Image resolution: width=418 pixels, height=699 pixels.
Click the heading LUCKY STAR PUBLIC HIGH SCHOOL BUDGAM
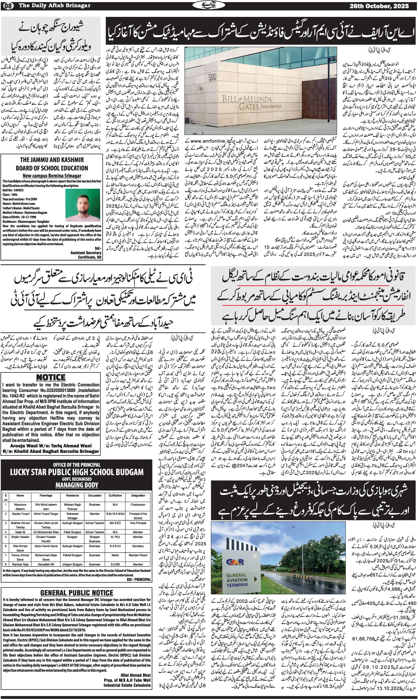pyautogui.click(x=77, y=472)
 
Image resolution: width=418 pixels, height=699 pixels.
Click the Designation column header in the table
pyautogui.click(x=138, y=495)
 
